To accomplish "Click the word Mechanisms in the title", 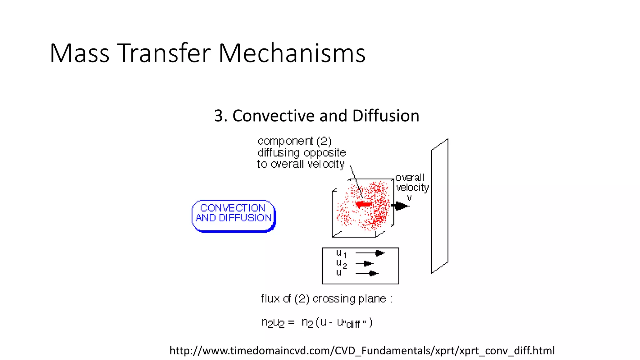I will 292,53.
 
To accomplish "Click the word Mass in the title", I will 79,53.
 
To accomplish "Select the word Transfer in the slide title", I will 164,53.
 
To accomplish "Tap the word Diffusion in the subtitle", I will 386,116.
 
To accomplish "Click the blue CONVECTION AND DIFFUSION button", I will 233,216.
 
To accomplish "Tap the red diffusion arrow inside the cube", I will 364,205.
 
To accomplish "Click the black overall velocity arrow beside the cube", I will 400,206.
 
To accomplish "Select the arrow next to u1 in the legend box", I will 370,253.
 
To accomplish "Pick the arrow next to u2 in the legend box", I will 365,264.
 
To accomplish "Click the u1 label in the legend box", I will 341,253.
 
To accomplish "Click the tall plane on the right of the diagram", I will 439,206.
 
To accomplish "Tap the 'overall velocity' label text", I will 412,182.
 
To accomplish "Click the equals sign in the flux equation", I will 291,322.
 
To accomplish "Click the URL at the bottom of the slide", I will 362,351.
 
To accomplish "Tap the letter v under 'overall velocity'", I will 409,198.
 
